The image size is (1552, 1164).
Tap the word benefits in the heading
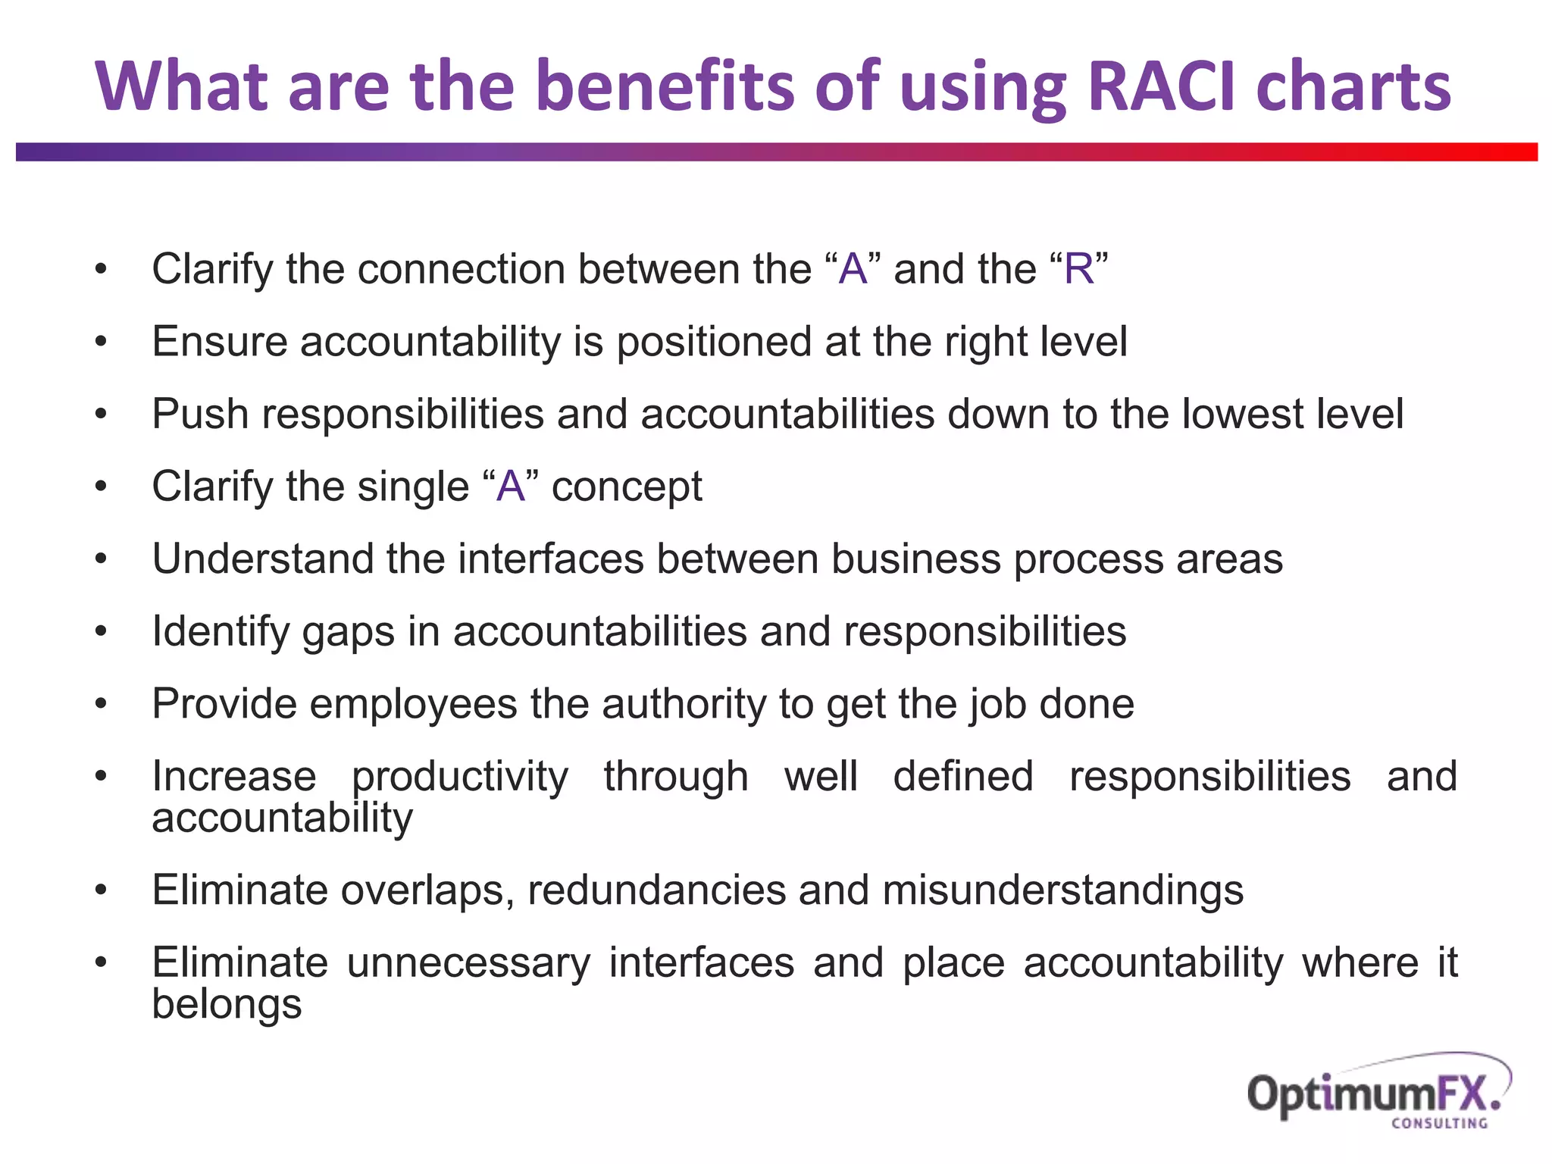coord(667,86)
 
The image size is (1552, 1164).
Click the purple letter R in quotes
coord(1078,269)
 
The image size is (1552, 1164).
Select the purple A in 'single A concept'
coord(511,487)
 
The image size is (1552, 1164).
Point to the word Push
coord(200,415)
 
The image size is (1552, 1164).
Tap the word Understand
coord(262,559)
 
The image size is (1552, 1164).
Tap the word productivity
coord(459,778)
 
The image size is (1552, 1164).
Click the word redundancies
coord(656,890)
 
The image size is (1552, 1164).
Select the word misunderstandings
coord(1062,890)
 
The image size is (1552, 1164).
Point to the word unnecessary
coord(468,963)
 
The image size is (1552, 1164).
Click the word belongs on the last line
coord(227,1005)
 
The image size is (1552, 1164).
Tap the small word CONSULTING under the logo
coord(1439,1124)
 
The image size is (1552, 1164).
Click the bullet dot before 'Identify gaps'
coord(101,631)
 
